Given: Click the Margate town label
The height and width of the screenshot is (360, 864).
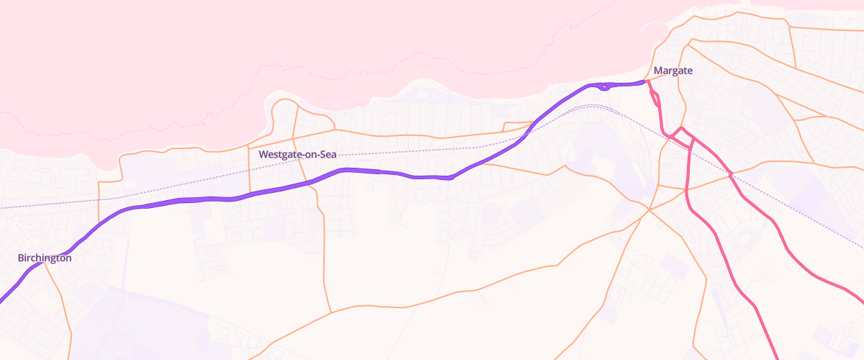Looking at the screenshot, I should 673,71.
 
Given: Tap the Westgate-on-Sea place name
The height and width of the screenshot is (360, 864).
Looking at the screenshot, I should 297,154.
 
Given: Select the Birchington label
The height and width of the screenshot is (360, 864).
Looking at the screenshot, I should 45,257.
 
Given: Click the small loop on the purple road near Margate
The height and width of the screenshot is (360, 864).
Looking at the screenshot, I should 606,87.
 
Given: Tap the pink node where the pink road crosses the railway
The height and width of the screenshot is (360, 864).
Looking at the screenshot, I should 730,174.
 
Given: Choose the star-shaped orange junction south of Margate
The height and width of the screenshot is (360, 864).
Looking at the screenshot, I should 649,210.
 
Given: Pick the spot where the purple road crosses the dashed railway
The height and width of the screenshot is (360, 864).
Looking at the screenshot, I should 528,132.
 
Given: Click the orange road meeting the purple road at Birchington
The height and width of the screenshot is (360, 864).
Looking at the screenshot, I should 45,264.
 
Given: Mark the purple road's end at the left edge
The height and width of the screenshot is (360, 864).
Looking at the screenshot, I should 3,300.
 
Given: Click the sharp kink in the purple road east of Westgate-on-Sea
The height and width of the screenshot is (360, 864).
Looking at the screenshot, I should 451,177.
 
